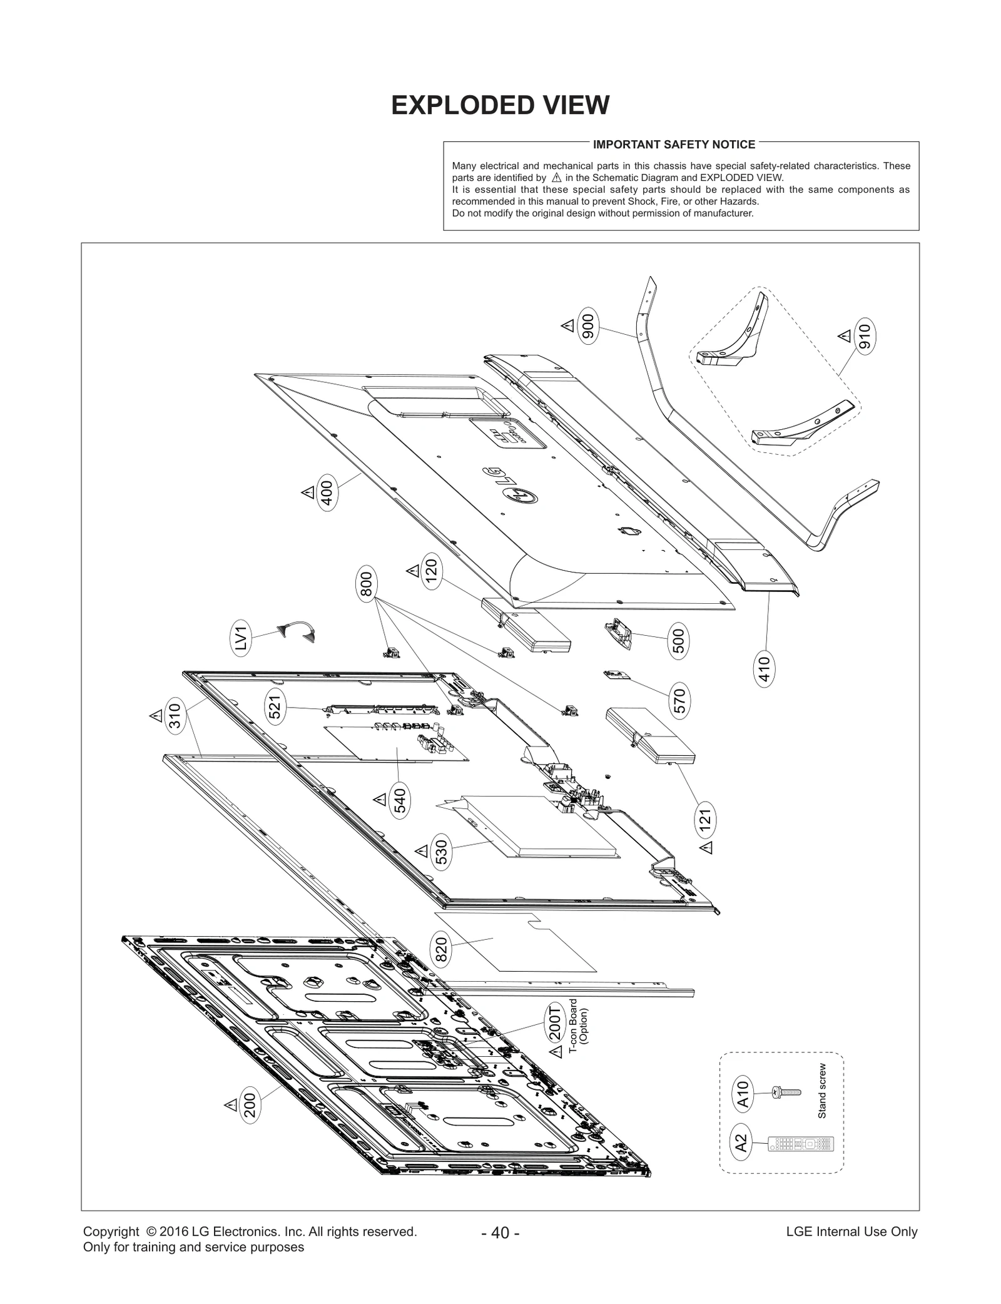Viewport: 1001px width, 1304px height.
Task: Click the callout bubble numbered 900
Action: click(589, 325)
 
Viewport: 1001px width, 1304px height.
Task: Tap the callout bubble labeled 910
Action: click(865, 337)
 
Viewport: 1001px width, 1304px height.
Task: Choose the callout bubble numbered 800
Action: click(367, 584)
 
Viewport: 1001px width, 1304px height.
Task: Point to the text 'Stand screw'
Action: click(822, 1091)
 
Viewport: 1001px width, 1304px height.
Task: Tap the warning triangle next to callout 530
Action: click(422, 852)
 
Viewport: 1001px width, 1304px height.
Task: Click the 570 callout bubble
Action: click(680, 700)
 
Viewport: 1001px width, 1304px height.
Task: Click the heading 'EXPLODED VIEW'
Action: click(500, 105)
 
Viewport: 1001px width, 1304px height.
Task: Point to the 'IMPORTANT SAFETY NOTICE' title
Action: click(674, 145)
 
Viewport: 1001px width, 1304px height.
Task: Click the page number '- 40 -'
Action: click(500, 1233)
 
